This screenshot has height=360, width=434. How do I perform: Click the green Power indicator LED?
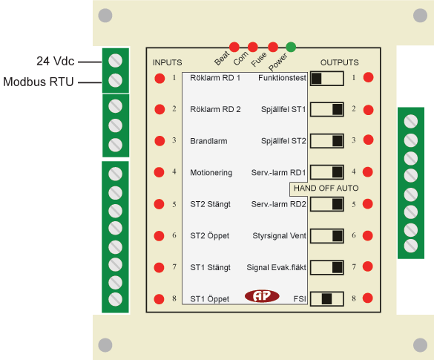pyautogui.click(x=291, y=47)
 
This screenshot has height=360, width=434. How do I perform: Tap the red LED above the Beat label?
pyautogui.click(x=234, y=47)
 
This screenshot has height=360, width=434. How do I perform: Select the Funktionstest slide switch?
pyautogui.click(x=327, y=79)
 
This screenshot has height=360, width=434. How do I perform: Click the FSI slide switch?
pyautogui.click(x=327, y=299)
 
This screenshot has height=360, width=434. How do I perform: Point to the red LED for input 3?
pyautogui.click(x=160, y=141)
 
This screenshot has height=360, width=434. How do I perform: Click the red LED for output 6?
pyautogui.click(x=367, y=235)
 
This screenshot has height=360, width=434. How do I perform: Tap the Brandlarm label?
pyautogui.click(x=208, y=141)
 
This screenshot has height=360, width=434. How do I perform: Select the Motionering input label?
pyautogui.click(x=211, y=172)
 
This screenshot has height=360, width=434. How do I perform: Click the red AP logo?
pyautogui.click(x=262, y=296)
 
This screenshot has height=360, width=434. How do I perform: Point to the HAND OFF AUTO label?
pyautogui.click(x=326, y=189)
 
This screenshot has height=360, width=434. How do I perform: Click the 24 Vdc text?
pyautogui.click(x=56, y=61)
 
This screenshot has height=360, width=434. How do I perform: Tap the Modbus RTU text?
pyautogui.click(x=39, y=82)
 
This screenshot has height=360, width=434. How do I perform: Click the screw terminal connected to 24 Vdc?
pyautogui.click(x=116, y=60)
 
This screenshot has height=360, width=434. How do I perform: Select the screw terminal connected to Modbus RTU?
pyautogui.click(x=116, y=81)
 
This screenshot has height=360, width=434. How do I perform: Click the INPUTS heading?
pyautogui.click(x=167, y=62)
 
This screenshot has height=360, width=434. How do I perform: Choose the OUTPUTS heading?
pyautogui.click(x=339, y=62)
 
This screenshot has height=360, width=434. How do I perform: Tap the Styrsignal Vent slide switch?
pyautogui.click(x=327, y=236)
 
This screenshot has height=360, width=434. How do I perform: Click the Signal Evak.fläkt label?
pyautogui.click(x=276, y=267)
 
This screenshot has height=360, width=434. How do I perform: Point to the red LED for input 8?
pyautogui.click(x=160, y=299)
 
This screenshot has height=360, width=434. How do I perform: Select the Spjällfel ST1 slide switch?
pyautogui.click(x=327, y=109)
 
